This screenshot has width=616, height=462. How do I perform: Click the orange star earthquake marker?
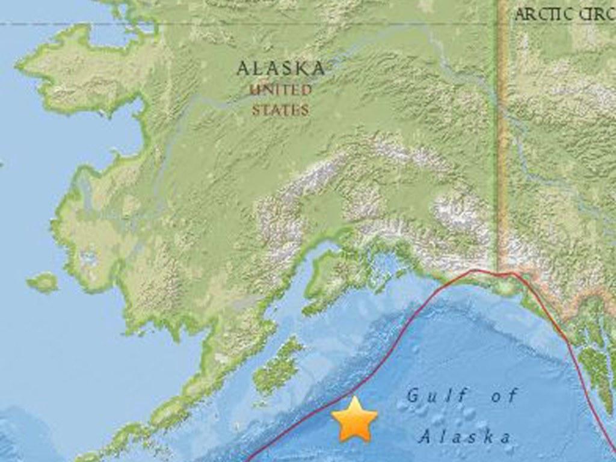pyautogui.click(x=354, y=419)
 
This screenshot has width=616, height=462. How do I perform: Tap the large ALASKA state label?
pyautogui.click(x=280, y=68)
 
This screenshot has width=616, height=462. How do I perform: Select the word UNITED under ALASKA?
pyautogui.click(x=280, y=91)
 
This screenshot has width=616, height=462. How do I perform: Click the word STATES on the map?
pyautogui.click(x=280, y=110)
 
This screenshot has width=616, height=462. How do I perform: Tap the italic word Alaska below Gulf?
pyautogui.click(x=465, y=436)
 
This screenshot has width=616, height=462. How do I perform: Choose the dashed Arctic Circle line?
pyautogui.click(x=241, y=24)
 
